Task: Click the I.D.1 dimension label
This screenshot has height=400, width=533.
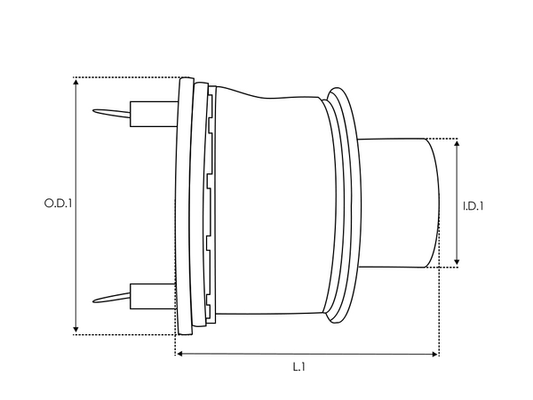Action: [473, 206]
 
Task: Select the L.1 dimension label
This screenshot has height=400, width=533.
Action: [301, 365]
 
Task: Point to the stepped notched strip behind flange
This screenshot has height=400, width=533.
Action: [208, 204]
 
